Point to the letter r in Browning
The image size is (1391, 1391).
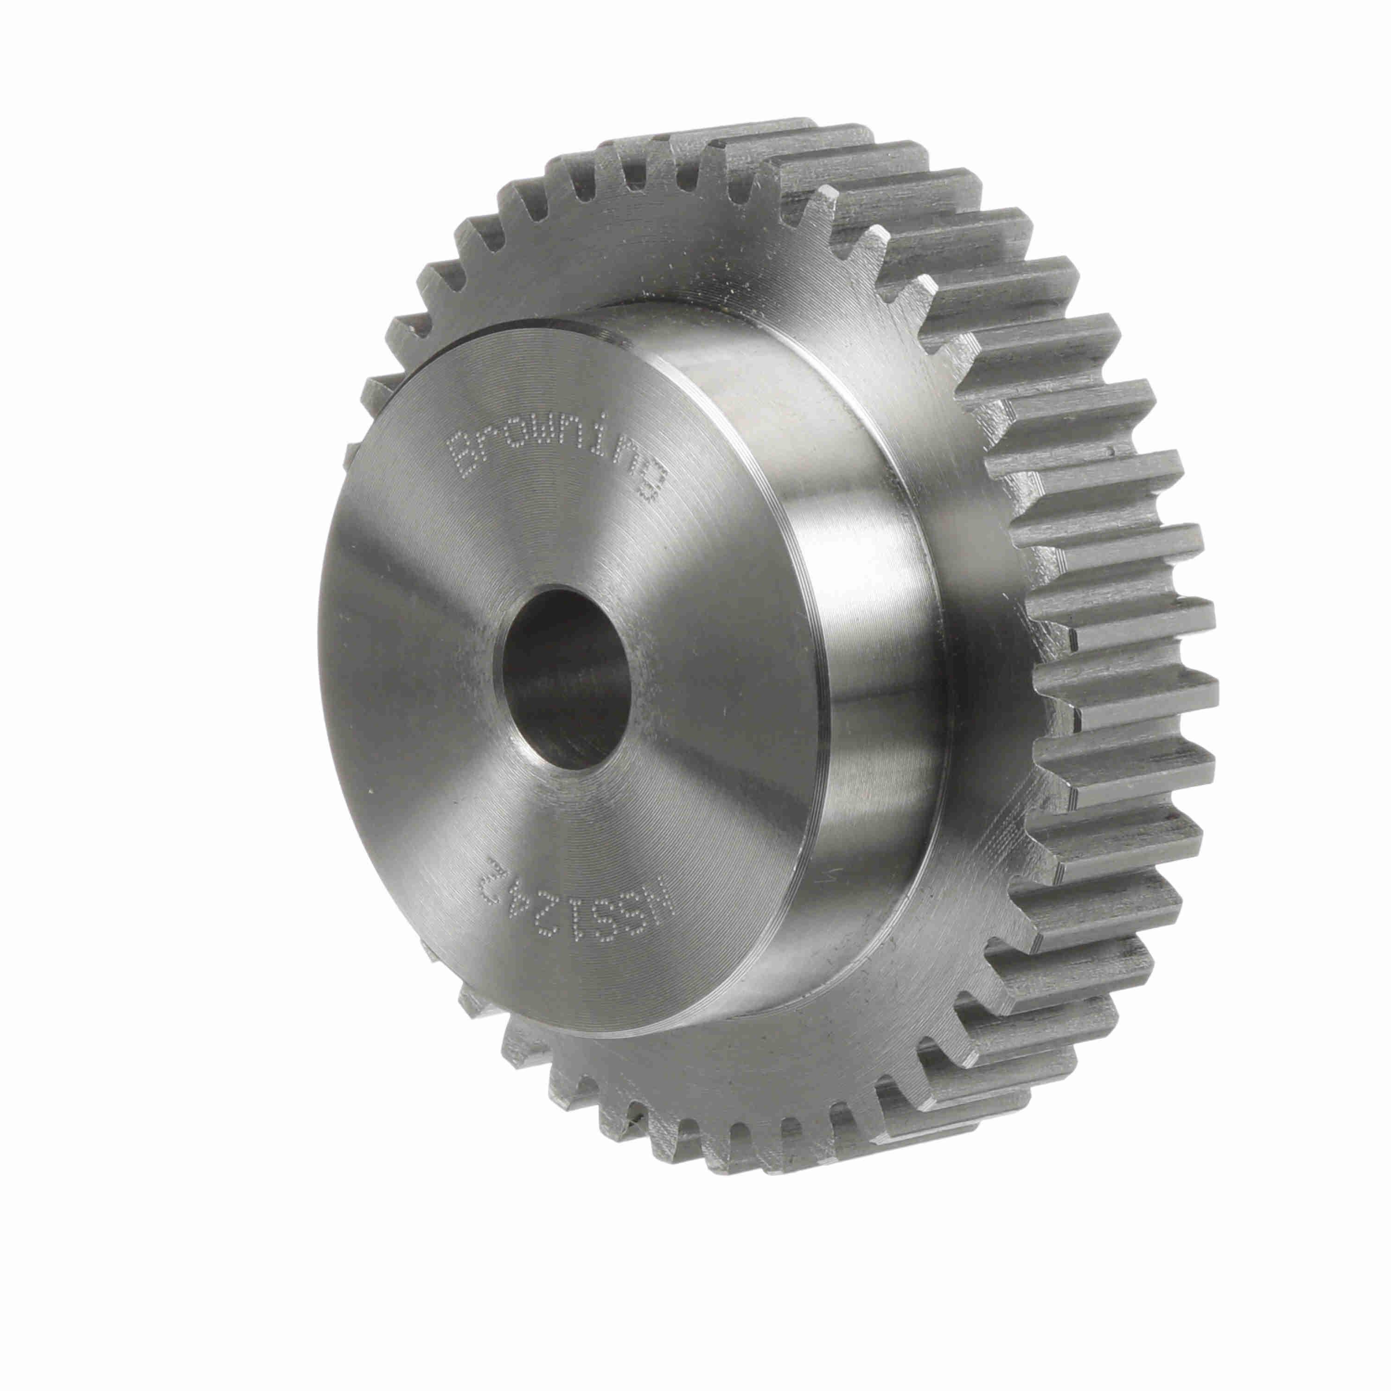point(493,444)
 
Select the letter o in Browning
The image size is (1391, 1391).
point(520,441)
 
